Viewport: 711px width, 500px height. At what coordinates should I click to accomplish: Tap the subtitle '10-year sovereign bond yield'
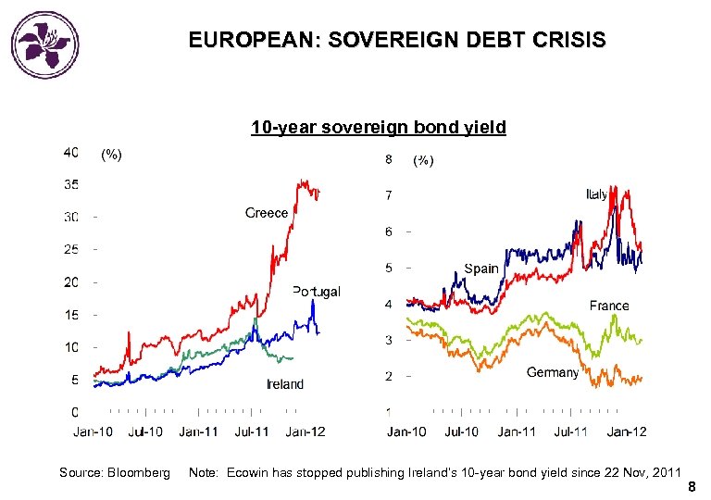pos(379,128)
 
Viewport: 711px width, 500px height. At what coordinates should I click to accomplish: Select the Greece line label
pos(267,213)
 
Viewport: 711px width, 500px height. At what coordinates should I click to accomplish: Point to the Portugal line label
pos(317,291)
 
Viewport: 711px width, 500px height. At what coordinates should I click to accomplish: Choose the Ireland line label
pos(284,384)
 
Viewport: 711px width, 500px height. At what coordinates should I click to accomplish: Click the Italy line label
pos(597,194)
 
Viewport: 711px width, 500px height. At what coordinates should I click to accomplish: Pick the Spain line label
pos(481,269)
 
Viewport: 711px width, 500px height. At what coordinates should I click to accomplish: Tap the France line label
pos(609,306)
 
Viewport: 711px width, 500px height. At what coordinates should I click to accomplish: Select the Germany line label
pos(552,372)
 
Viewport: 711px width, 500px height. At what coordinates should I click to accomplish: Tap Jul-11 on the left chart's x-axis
pos(251,431)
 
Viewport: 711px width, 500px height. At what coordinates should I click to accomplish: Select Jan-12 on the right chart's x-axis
pos(627,431)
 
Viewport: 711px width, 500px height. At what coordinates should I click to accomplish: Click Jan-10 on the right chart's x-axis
pos(406,431)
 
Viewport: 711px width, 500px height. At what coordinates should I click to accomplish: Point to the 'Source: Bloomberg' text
pos(115,473)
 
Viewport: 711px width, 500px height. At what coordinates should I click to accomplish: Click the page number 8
pos(691,487)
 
